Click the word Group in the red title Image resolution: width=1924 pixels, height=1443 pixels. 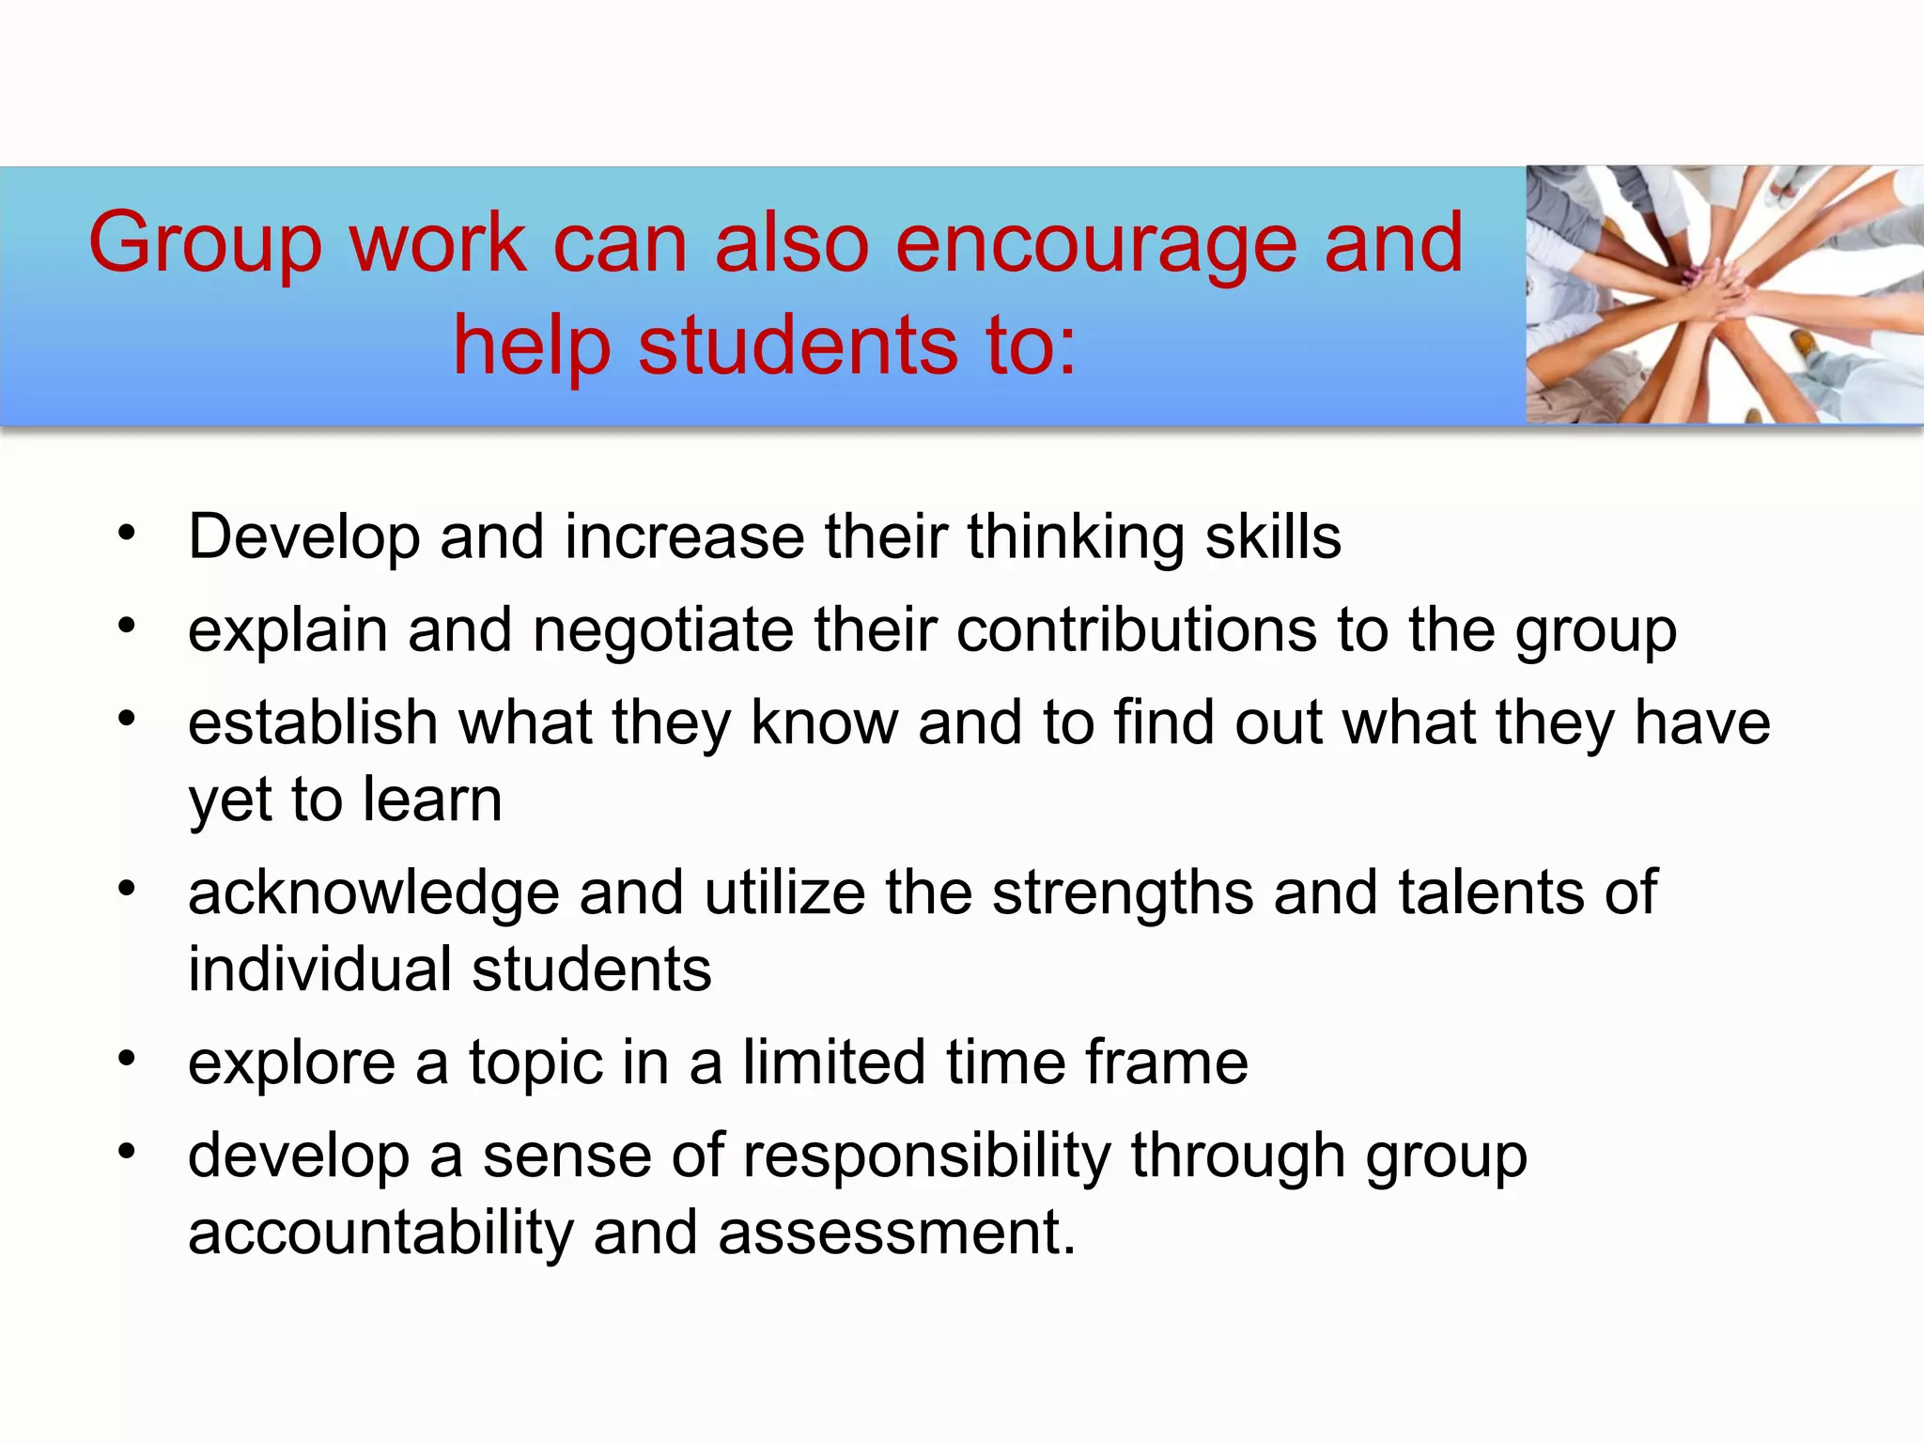[x=205, y=244]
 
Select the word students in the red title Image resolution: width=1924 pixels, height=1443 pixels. [x=799, y=346]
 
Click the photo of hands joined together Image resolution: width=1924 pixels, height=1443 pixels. [x=1724, y=295]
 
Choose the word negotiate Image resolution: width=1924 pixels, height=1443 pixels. [x=663, y=630]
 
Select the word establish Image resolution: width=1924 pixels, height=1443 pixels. [x=313, y=723]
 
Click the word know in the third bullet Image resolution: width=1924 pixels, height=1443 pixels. [x=824, y=723]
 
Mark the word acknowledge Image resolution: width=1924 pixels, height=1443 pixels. [x=373, y=893]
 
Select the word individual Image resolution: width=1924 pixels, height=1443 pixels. [x=319, y=970]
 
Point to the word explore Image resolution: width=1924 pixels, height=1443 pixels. [x=291, y=1063]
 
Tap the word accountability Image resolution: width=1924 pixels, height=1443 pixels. [x=380, y=1233]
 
